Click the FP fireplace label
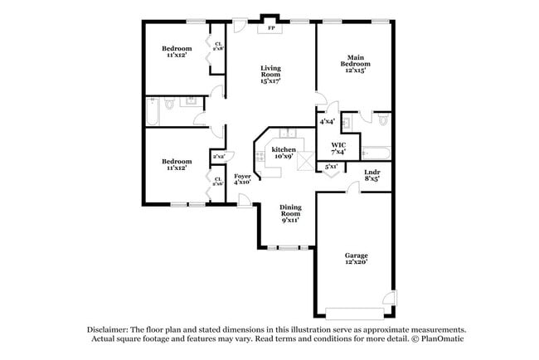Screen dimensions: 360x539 pos(271,28)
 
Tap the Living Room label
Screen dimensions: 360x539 pos(270,75)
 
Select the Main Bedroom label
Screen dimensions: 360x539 pos(354,65)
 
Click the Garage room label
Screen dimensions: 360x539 pos(357,258)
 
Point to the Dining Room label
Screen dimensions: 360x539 pos(289,213)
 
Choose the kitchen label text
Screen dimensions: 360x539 pos(284,153)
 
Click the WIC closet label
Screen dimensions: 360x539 pos(338,148)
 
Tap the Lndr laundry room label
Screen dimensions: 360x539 pos(372,174)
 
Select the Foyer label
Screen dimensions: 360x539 pos(242,178)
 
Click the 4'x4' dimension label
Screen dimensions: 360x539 pos(327,122)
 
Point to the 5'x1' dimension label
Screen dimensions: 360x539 pos(331,167)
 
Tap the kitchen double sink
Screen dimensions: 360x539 pos(287,132)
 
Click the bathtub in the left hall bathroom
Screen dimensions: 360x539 pos(154,108)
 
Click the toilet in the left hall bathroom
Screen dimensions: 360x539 pos(168,104)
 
